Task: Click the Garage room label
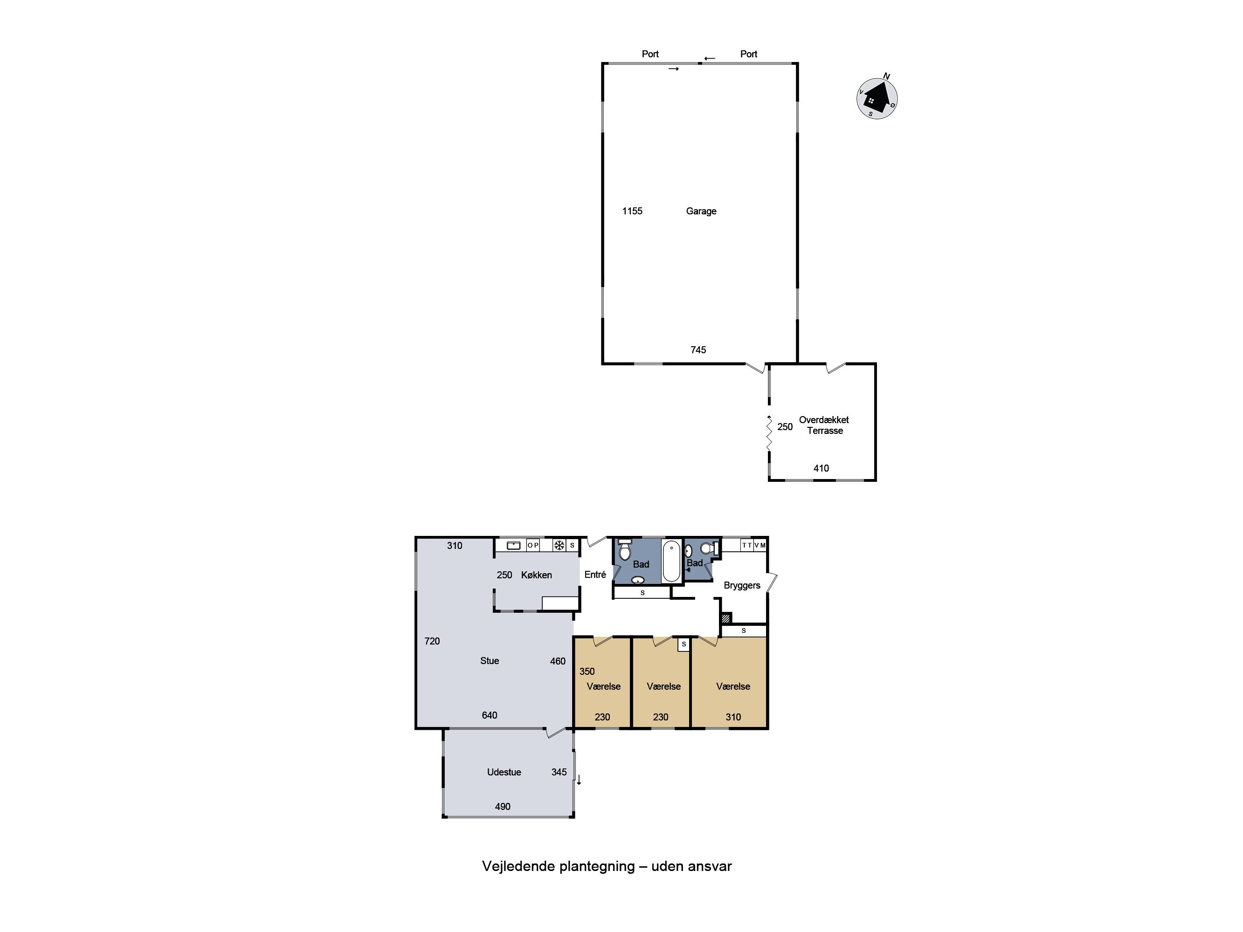[x=701, y=211]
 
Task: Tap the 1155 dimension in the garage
[x=632, y=211]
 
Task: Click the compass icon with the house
[x=876, y=98]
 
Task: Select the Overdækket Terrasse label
[x=824, y=425]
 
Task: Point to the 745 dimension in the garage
[x=698, y=350]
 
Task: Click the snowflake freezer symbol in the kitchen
[x=559, y=546]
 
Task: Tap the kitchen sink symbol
[x=514, y=546]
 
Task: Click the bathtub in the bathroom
[x=671, y=561]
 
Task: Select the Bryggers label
[x=742, y=585]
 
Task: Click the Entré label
[x=595, y=575]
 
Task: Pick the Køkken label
[x=536, y=575]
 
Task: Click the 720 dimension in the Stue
[x=432, y=641]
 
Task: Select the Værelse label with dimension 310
[x=733, y=686]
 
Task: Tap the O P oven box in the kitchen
[x=533, y=546]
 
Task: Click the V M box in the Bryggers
[x=760, y=546]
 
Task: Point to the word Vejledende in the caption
[x=518, y=866]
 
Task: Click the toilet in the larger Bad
[x=624, y=550]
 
